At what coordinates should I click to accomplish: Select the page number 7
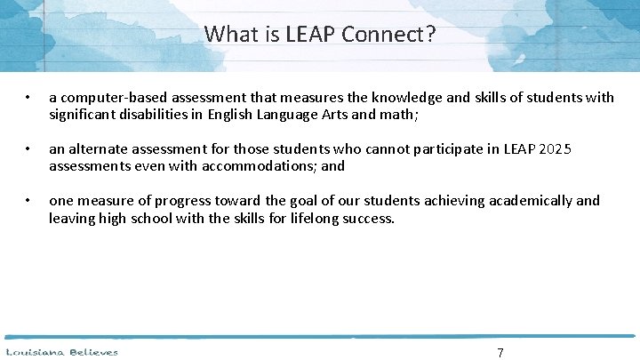click(500, 353)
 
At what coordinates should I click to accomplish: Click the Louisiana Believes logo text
click(61, 352)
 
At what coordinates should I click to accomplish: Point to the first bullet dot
click(29, 98)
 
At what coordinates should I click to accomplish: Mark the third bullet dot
click(29, 202)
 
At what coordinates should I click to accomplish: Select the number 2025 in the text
click(569, 149)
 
